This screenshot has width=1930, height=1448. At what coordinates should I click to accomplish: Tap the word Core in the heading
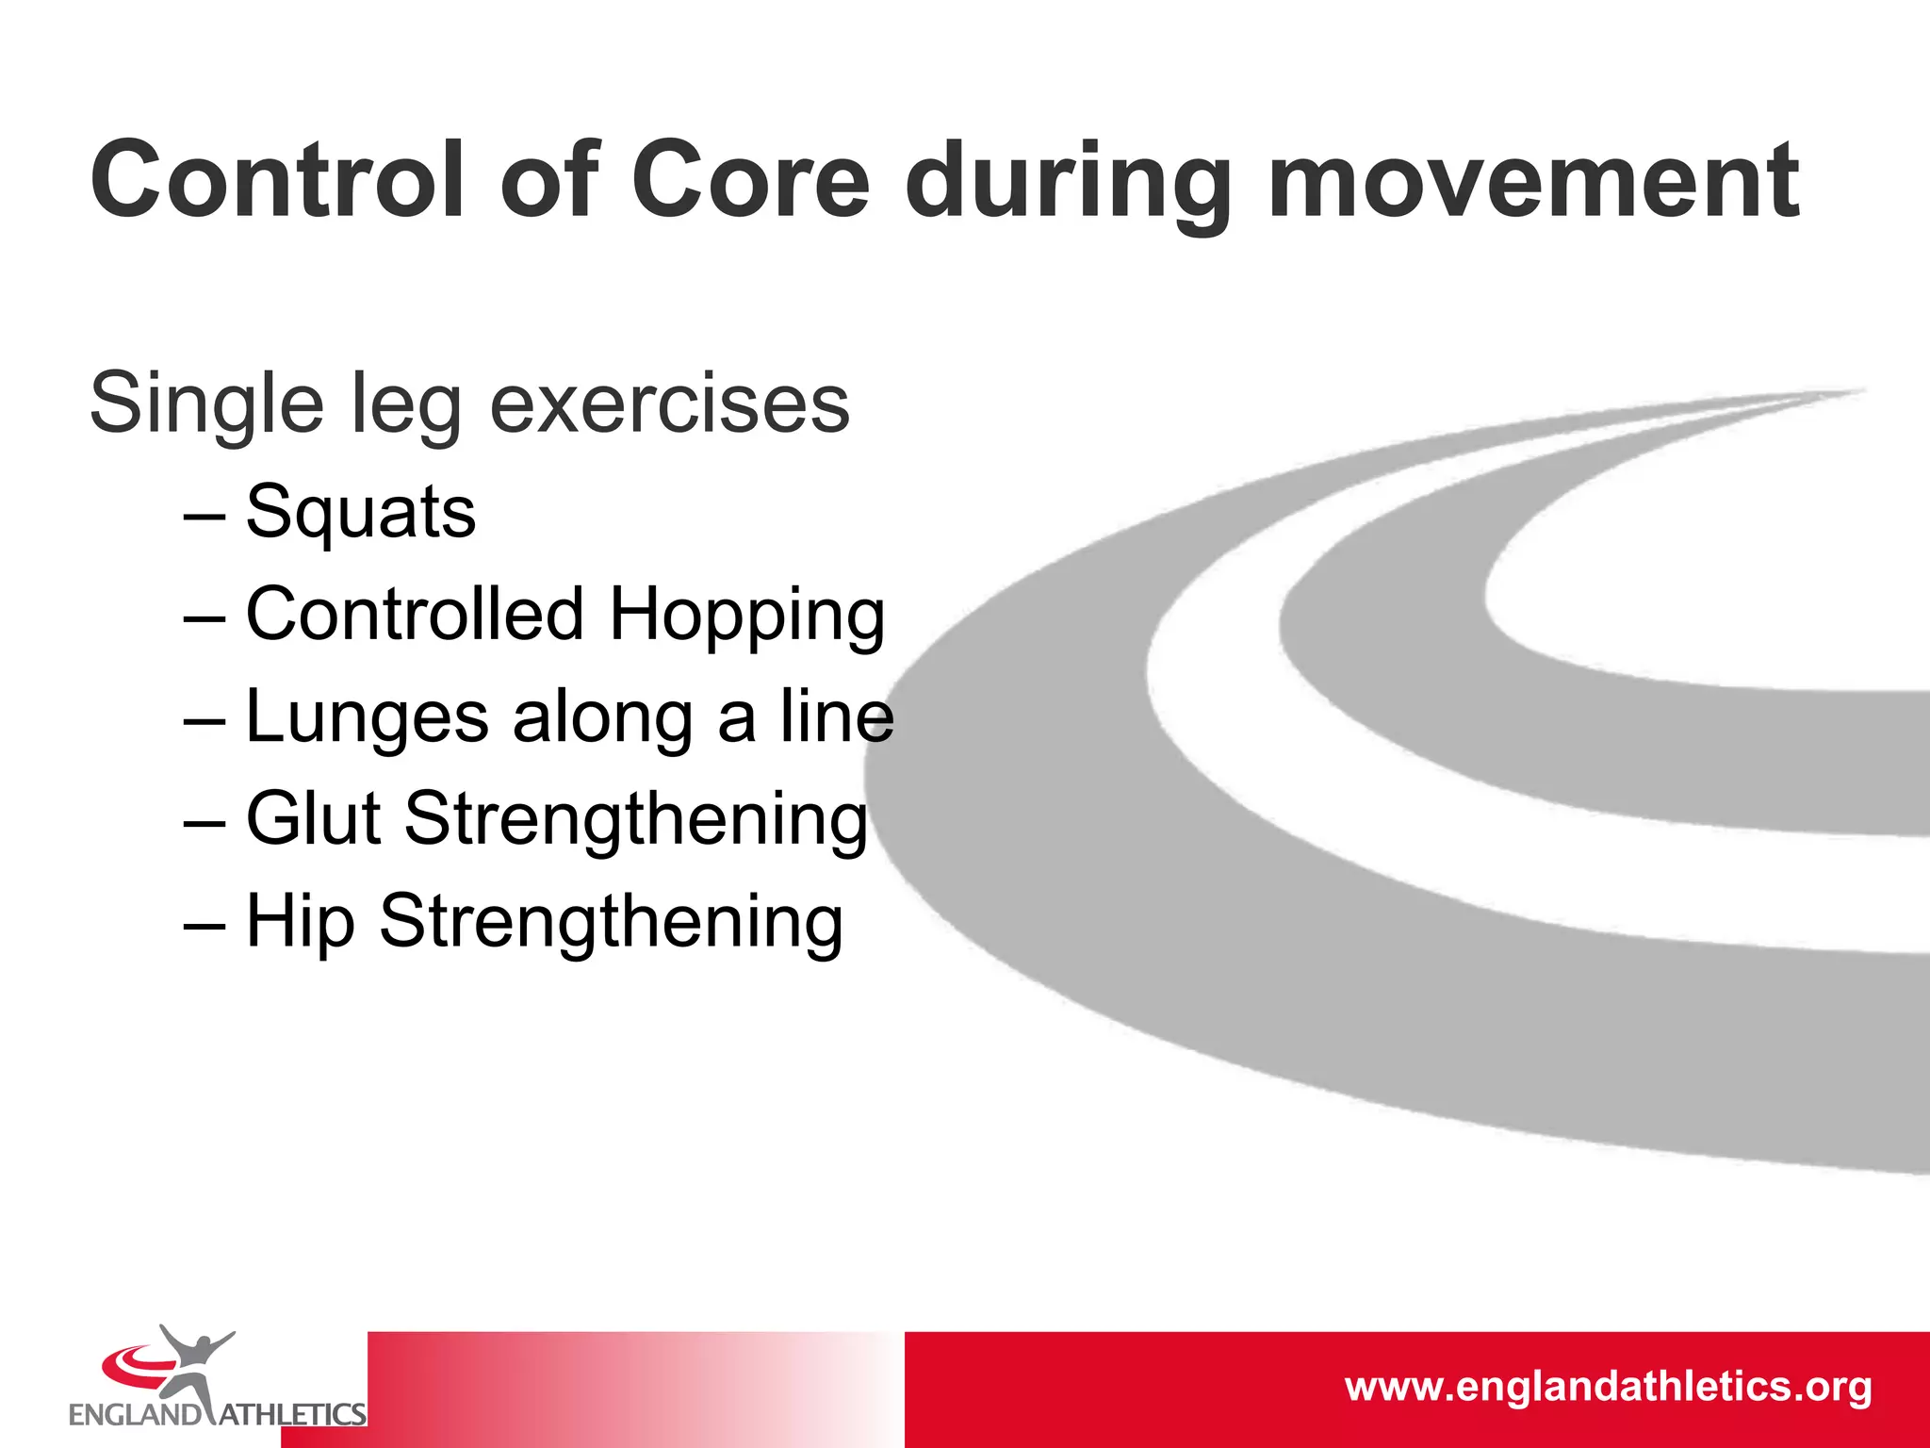[750, 179]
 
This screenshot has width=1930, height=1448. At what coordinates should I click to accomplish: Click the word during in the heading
[1068, 184]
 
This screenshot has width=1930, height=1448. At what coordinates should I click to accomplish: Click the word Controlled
[415, 614]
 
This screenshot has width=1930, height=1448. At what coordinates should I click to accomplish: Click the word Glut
[313, 818]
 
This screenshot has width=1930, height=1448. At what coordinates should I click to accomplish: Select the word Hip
[301, 922]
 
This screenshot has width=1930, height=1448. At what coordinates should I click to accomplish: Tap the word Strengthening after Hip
[611, 922]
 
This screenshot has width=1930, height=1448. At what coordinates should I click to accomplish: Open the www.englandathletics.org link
[1608, 1387]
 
